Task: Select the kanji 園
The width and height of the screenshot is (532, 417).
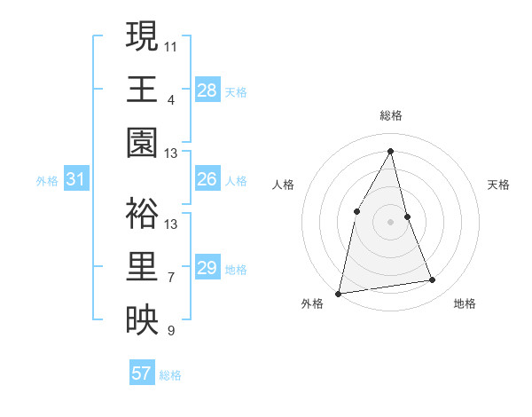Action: [x=142, y=143]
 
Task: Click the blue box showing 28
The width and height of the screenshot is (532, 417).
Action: [x=207, y=90]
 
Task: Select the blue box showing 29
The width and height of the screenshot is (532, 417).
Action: [x=207, y=268]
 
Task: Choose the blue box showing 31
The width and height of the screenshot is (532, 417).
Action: [x=76, y=180]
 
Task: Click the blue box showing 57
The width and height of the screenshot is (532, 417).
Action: [x=142, y=374]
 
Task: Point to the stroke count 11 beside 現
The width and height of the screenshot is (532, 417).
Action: [x=171, y=45]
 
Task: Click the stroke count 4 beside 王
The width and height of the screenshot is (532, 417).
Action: [x=171, y=99]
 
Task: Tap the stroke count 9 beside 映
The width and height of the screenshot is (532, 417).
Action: [x=171, y=331]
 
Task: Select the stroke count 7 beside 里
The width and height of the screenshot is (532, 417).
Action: [x=171, y=278]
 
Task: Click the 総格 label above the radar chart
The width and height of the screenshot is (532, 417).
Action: [x=391, y=115]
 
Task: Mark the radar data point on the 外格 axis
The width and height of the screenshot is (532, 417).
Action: [x=338, y=293]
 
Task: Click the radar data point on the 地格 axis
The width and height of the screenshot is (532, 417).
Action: [x=433, y=280]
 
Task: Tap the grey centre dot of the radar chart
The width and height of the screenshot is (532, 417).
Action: [x=390, y=222]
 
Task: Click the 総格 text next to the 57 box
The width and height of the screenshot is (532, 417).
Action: [x=170, y=374]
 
